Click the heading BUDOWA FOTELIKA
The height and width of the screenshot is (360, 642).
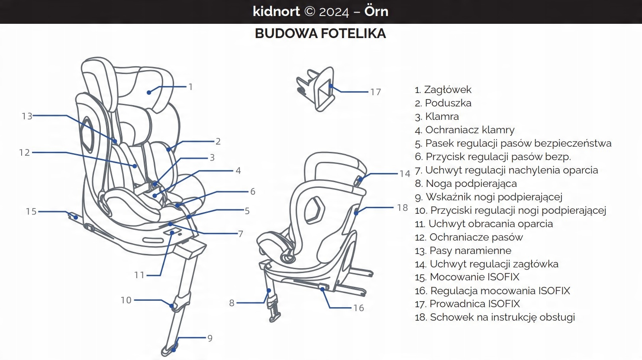tap(320, 34)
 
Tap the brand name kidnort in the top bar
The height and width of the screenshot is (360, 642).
tap(276, 11)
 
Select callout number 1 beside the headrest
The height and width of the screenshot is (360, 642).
tap(190, 87)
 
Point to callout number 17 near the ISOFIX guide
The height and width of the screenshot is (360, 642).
tap(375, 92)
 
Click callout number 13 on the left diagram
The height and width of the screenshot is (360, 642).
tap(27, 116)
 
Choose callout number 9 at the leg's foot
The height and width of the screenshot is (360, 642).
tap(210, 338)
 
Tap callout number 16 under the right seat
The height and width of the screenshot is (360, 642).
tap(358, 308)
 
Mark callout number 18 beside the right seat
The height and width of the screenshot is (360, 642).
tap(402, 208)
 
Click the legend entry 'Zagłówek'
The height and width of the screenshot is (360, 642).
tap(448, 90)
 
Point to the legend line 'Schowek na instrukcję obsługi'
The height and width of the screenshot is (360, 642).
tap(502, 317)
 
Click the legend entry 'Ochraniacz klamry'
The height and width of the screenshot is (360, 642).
tap(470, 130)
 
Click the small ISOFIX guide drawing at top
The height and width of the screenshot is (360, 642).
tap(316, 89)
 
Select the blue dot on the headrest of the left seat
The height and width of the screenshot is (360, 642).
tap(149, 92)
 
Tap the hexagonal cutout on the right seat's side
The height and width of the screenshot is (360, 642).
tap(314, 210)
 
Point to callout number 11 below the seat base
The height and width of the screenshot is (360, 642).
tap(139, 275)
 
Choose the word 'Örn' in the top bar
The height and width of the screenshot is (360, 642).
tap(376, 11)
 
